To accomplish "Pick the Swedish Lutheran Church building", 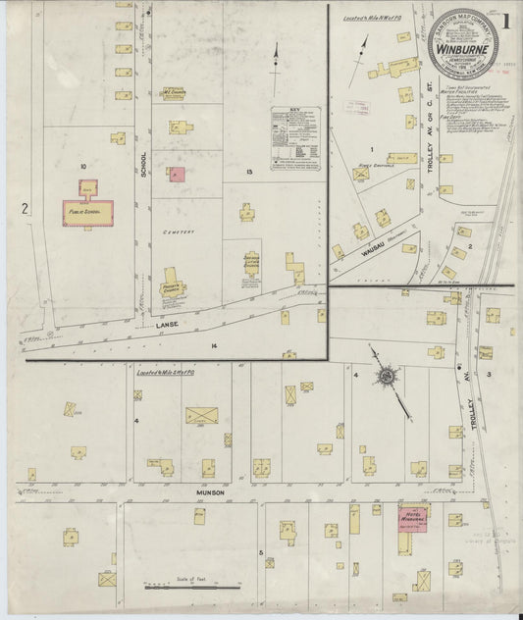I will coord(247,263).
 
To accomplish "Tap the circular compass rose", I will coord(386,376).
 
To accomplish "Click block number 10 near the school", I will coord(84,167).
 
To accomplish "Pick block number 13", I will coord(250,171).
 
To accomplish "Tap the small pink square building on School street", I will coord(177,174).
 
